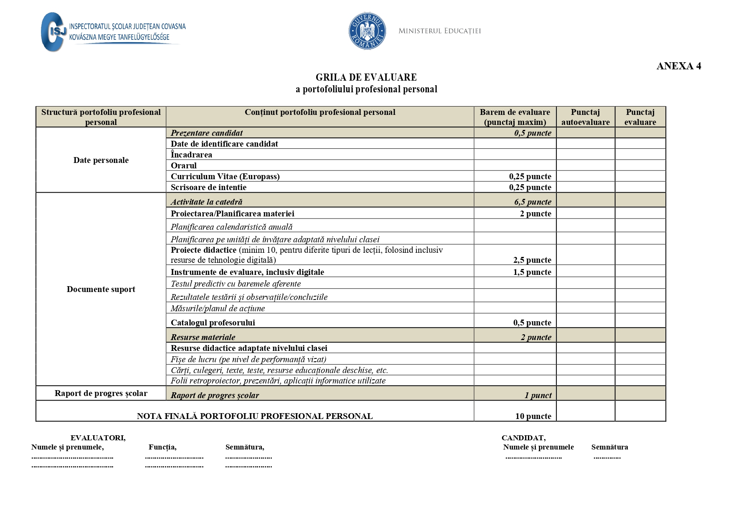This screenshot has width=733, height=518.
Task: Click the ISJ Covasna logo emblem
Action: (x=53, y=32)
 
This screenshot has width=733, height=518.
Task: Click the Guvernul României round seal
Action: (x=367, y=31)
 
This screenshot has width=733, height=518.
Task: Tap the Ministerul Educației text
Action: (x=439, y=31)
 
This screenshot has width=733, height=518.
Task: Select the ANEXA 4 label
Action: (x=678, y=66)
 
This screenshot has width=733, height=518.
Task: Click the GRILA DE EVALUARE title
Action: (x=366, y=77)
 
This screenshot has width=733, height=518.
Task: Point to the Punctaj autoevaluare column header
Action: (x=585, y=117)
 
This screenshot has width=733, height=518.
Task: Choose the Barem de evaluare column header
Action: (x=515, y=117)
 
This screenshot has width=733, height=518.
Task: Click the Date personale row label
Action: (x=101, y=160)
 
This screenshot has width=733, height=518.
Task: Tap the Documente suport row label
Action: (x=101, y=289)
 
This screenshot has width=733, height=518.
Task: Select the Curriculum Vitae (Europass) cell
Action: (x=225, y=176)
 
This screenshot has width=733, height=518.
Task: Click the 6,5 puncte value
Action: (x=533, y=202)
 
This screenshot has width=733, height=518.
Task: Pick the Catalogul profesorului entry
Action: (x=213, y=322)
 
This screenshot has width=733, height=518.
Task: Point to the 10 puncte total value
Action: (x=533, y=416)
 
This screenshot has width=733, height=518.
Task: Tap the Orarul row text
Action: (x=183, y=165)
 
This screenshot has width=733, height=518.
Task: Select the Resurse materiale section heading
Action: (x=203, y=337)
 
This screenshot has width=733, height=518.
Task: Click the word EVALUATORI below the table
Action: (x=98, y=438)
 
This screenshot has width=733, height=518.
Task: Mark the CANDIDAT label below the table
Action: (x=523, y=438)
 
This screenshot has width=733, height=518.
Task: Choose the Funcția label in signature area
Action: (x=162, y=447)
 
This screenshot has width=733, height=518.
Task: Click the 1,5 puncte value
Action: (x=532, y=272)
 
